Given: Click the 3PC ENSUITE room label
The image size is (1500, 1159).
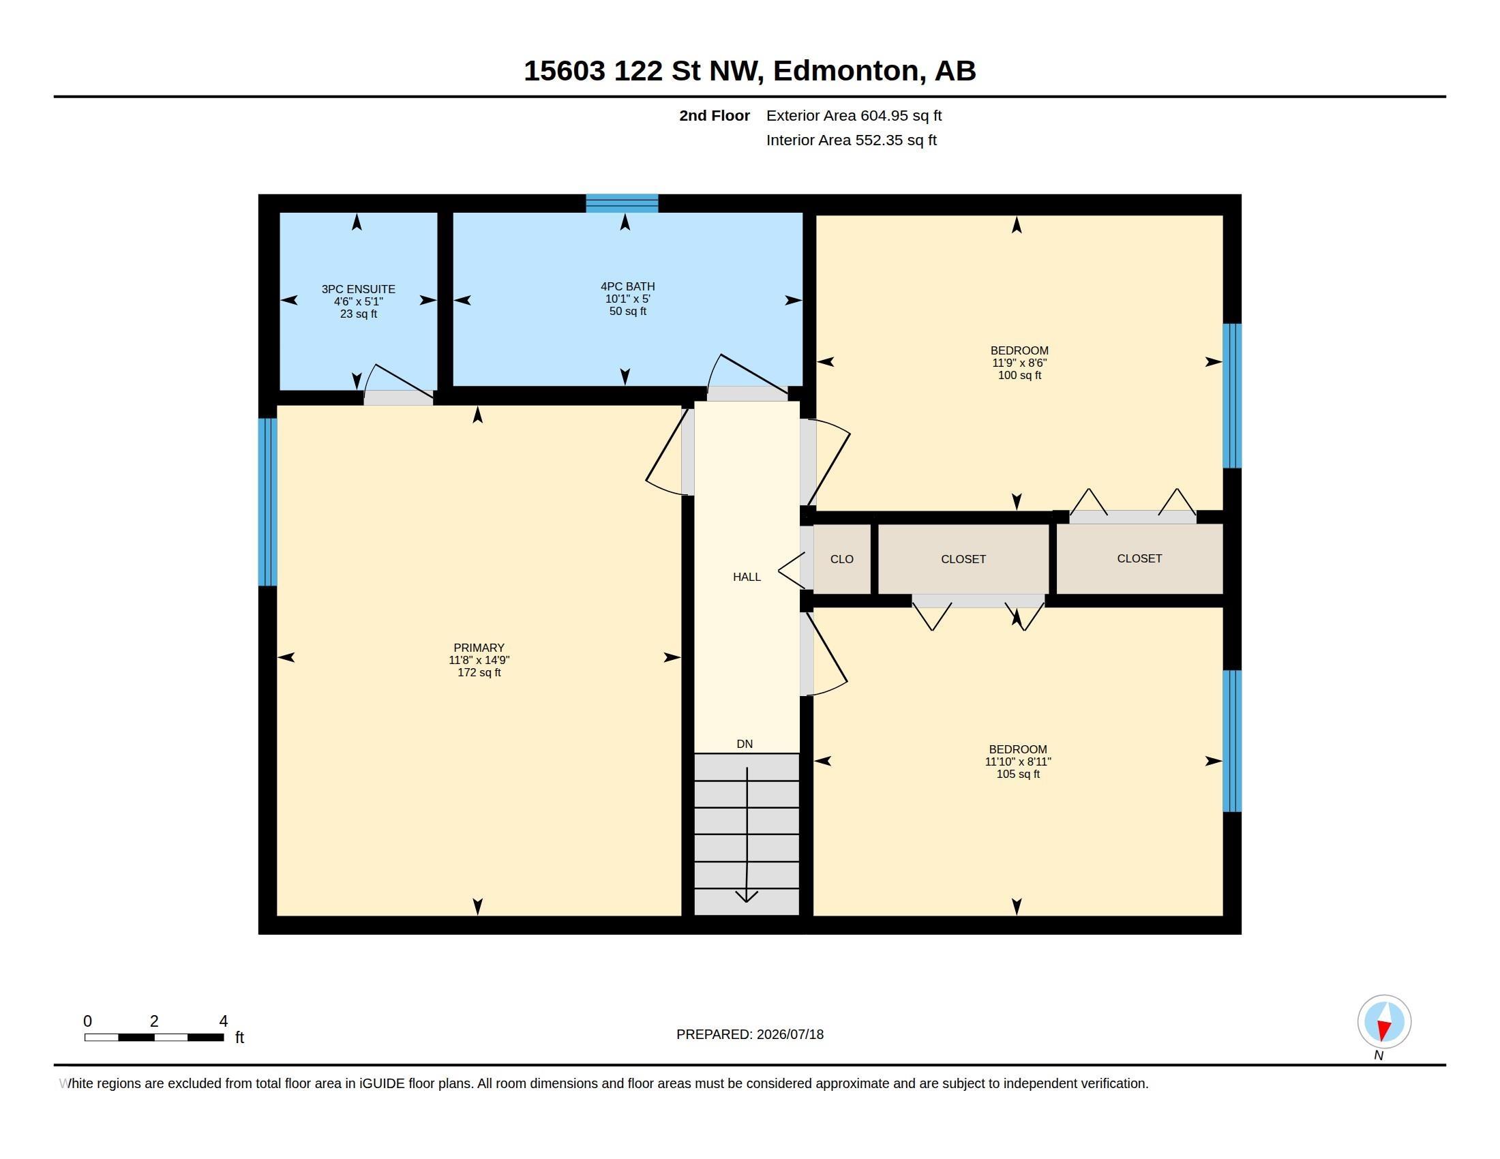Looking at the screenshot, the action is [x=359, y=289].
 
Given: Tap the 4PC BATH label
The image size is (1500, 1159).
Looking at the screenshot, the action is [x=628, y=286].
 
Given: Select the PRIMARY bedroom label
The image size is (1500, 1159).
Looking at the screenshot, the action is [x=479, y=648].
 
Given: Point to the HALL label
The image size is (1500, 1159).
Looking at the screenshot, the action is [x=747, y=577].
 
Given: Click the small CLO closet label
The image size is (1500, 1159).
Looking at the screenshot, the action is [x=842, y=559].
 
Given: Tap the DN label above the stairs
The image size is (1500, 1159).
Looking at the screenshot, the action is [x=745, y=744].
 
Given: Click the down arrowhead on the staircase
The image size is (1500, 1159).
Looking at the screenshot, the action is [x=747, y=896].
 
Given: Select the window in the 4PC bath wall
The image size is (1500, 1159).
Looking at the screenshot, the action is [x=622, y=203].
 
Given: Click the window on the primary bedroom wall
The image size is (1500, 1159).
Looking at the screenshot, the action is [x=268, y=502].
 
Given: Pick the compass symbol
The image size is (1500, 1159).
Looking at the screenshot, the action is [x=1384, y=1022].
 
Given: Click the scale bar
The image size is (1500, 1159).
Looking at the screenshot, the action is [x=154, y=1038].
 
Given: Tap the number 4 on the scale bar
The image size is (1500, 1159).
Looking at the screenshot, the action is [x=223, y=1021].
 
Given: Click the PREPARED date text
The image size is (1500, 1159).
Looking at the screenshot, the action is [x=750, y=1034].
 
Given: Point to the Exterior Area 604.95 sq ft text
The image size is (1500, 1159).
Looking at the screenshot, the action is [x=854, y=115].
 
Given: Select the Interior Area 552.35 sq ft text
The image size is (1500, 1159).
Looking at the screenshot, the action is [x=851, y=140].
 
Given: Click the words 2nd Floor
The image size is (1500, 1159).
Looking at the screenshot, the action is [x=715, y=115].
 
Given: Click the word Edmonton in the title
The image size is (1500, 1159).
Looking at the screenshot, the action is [x=846, y=71].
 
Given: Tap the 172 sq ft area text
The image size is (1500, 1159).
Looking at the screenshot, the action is [x=479, y=672].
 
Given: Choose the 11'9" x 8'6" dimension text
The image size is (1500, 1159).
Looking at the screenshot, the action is [x=1019, y=363].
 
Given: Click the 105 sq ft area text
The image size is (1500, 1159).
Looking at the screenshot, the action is [x=1018, y=774].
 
